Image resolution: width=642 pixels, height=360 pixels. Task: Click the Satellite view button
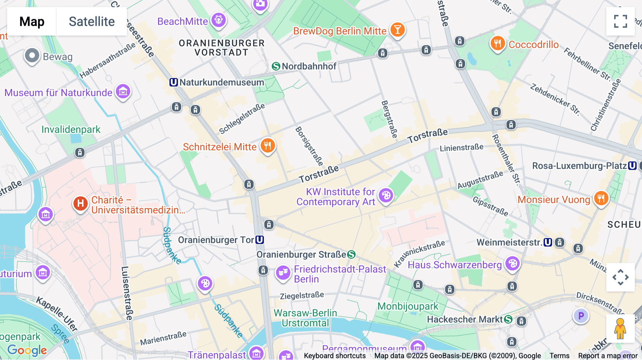[x=92, y=21]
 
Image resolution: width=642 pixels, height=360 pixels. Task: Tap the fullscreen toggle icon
[x=620, y=21]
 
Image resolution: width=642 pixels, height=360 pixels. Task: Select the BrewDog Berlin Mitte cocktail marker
[x=397, y=30]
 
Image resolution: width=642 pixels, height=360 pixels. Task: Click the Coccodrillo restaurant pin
[x=498, y=43]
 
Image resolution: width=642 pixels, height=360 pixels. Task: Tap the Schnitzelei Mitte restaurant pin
[x=267, y=145]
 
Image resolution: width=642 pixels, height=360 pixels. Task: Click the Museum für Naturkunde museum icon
[x=123, y=92]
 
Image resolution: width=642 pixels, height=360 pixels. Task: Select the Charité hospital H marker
[x=81, y=204]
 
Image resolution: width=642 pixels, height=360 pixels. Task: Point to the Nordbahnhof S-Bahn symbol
[x=276, y=66]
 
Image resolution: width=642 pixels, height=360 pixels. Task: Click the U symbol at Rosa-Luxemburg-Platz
[x=632, y=166]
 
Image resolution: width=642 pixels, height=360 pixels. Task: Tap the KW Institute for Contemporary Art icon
[x=386, y=195]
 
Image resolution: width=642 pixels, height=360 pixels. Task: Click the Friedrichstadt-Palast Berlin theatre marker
[x=283, y=273]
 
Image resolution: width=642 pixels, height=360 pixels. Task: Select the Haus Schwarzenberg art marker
[x=513, y=264]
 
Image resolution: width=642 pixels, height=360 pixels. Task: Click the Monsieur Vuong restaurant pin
[x=601, y=198]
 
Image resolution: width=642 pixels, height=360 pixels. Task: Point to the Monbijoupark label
[x=408, y=306]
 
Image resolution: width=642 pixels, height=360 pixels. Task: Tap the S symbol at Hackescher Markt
[x=508, y=319]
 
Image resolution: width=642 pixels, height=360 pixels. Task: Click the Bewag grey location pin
[x=32, y=56]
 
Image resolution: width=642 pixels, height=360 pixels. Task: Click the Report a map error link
[x=607, y=356]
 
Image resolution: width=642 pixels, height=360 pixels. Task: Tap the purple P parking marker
[x=581, y=315]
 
